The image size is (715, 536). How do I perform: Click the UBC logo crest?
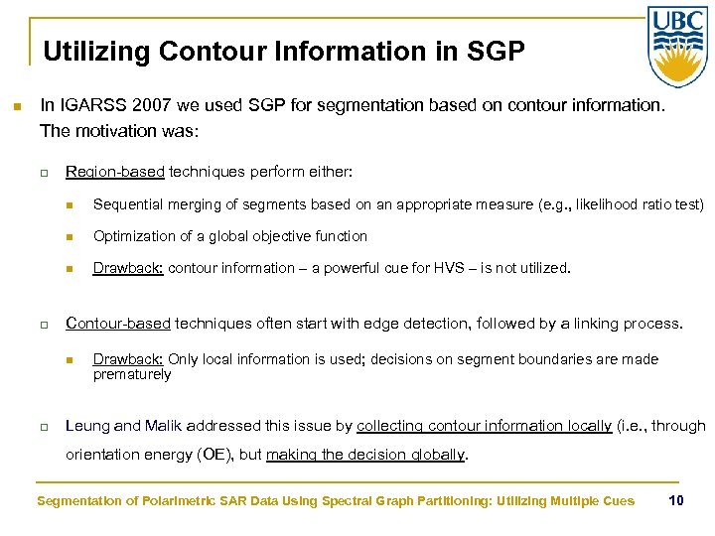click(677, 47)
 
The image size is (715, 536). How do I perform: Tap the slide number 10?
click(676, 500)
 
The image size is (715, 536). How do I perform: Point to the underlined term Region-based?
click(114, 172)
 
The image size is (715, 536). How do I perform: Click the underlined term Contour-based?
click(118, 324)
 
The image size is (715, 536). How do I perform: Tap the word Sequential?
click(129, 205)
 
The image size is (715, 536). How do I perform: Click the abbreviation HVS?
click(429, 267)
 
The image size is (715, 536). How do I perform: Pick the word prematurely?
click(132, 374)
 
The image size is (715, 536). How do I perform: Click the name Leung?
click(87, 426)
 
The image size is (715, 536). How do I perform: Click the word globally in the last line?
click(434, 455)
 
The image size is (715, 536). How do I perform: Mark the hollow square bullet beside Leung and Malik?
click(45, 427)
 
